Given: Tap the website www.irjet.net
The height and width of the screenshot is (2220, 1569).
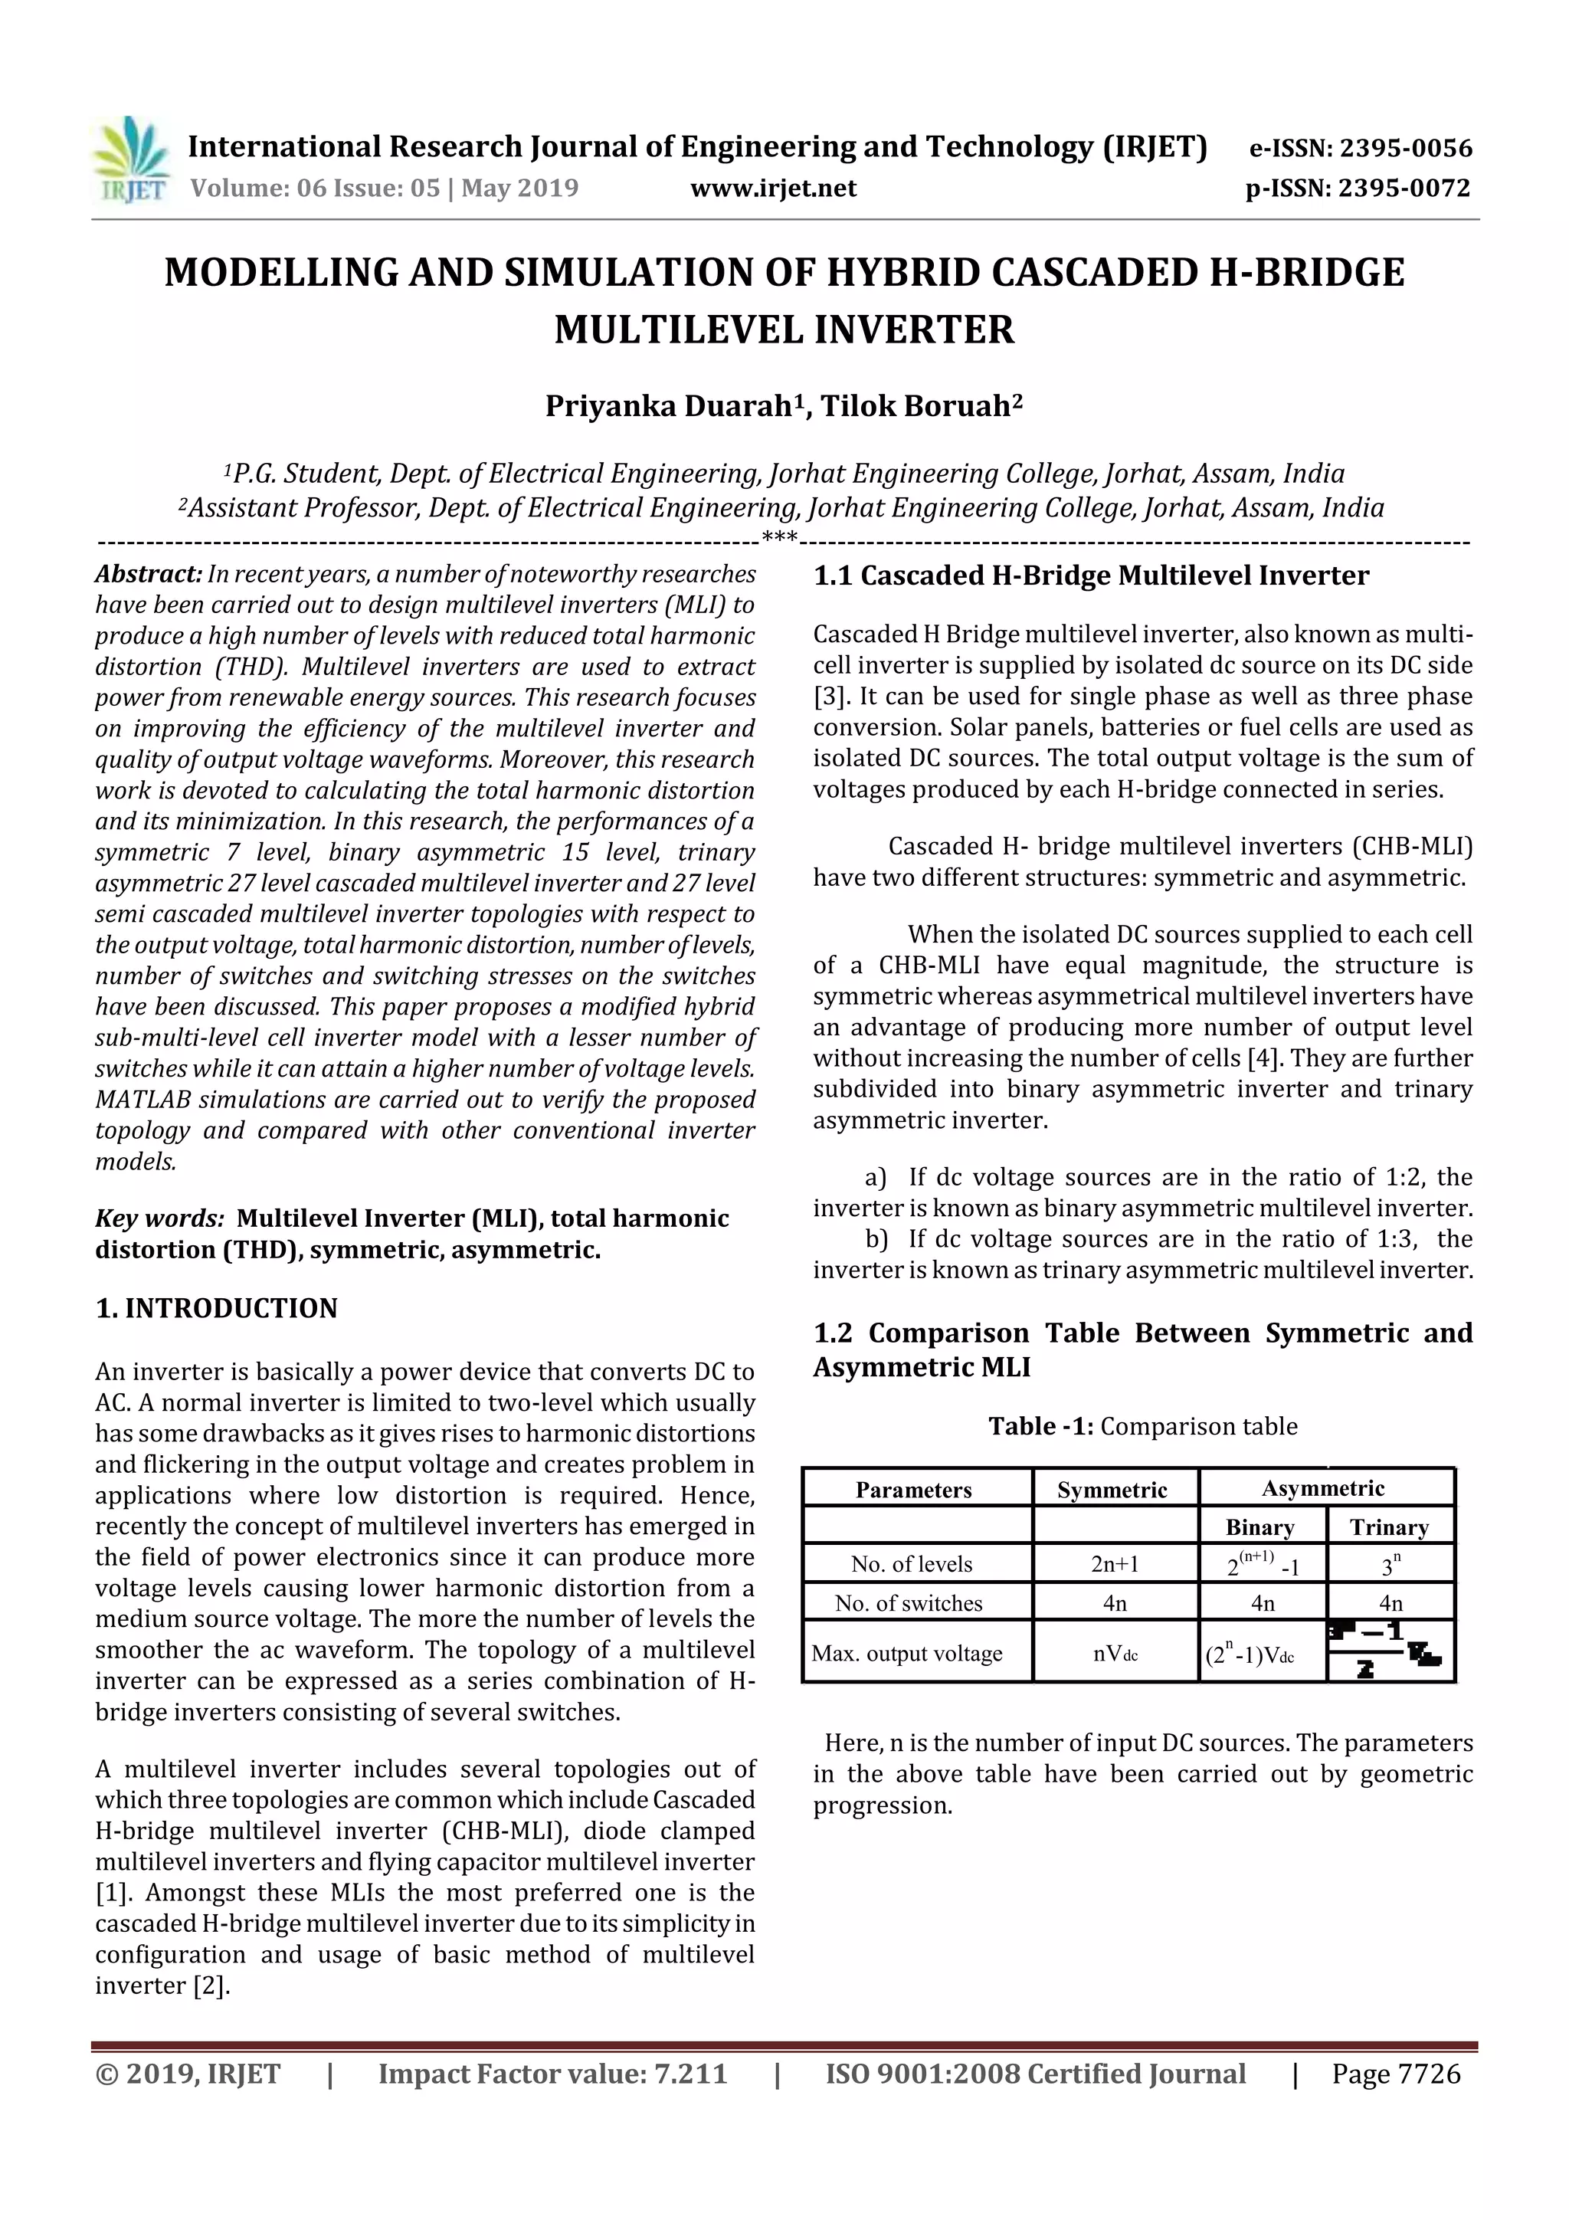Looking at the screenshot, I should [x=773, y=189].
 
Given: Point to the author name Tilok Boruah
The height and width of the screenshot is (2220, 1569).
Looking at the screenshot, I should [x=919, y=406].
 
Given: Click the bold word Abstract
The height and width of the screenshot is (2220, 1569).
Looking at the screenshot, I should [x=148, y=574].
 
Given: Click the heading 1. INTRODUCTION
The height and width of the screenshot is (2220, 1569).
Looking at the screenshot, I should [x=217, y=1308].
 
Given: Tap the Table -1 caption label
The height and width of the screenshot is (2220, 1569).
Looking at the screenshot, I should [x=1040, y=1426].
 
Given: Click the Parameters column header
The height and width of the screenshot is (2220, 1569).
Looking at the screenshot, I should [x=913, y=1490].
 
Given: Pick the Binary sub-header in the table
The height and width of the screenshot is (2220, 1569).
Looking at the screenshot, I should [x=1259, y=1528].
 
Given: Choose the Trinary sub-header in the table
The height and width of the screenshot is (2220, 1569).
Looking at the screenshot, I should [x=1389, y=1528].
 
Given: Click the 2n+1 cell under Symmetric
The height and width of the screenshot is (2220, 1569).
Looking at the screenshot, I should [x=1115, y=1565].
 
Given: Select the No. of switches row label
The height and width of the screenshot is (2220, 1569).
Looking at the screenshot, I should [x=909, y=1603].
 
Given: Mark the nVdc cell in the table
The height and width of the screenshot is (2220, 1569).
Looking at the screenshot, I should [x=1115, y=1654].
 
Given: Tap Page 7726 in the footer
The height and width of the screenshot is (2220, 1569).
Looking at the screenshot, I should [x=1396, y=2074].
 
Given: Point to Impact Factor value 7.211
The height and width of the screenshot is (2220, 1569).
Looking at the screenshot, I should [x=552, y=2074].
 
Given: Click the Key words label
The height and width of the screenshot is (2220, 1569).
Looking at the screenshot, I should [x=159, y=1218].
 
